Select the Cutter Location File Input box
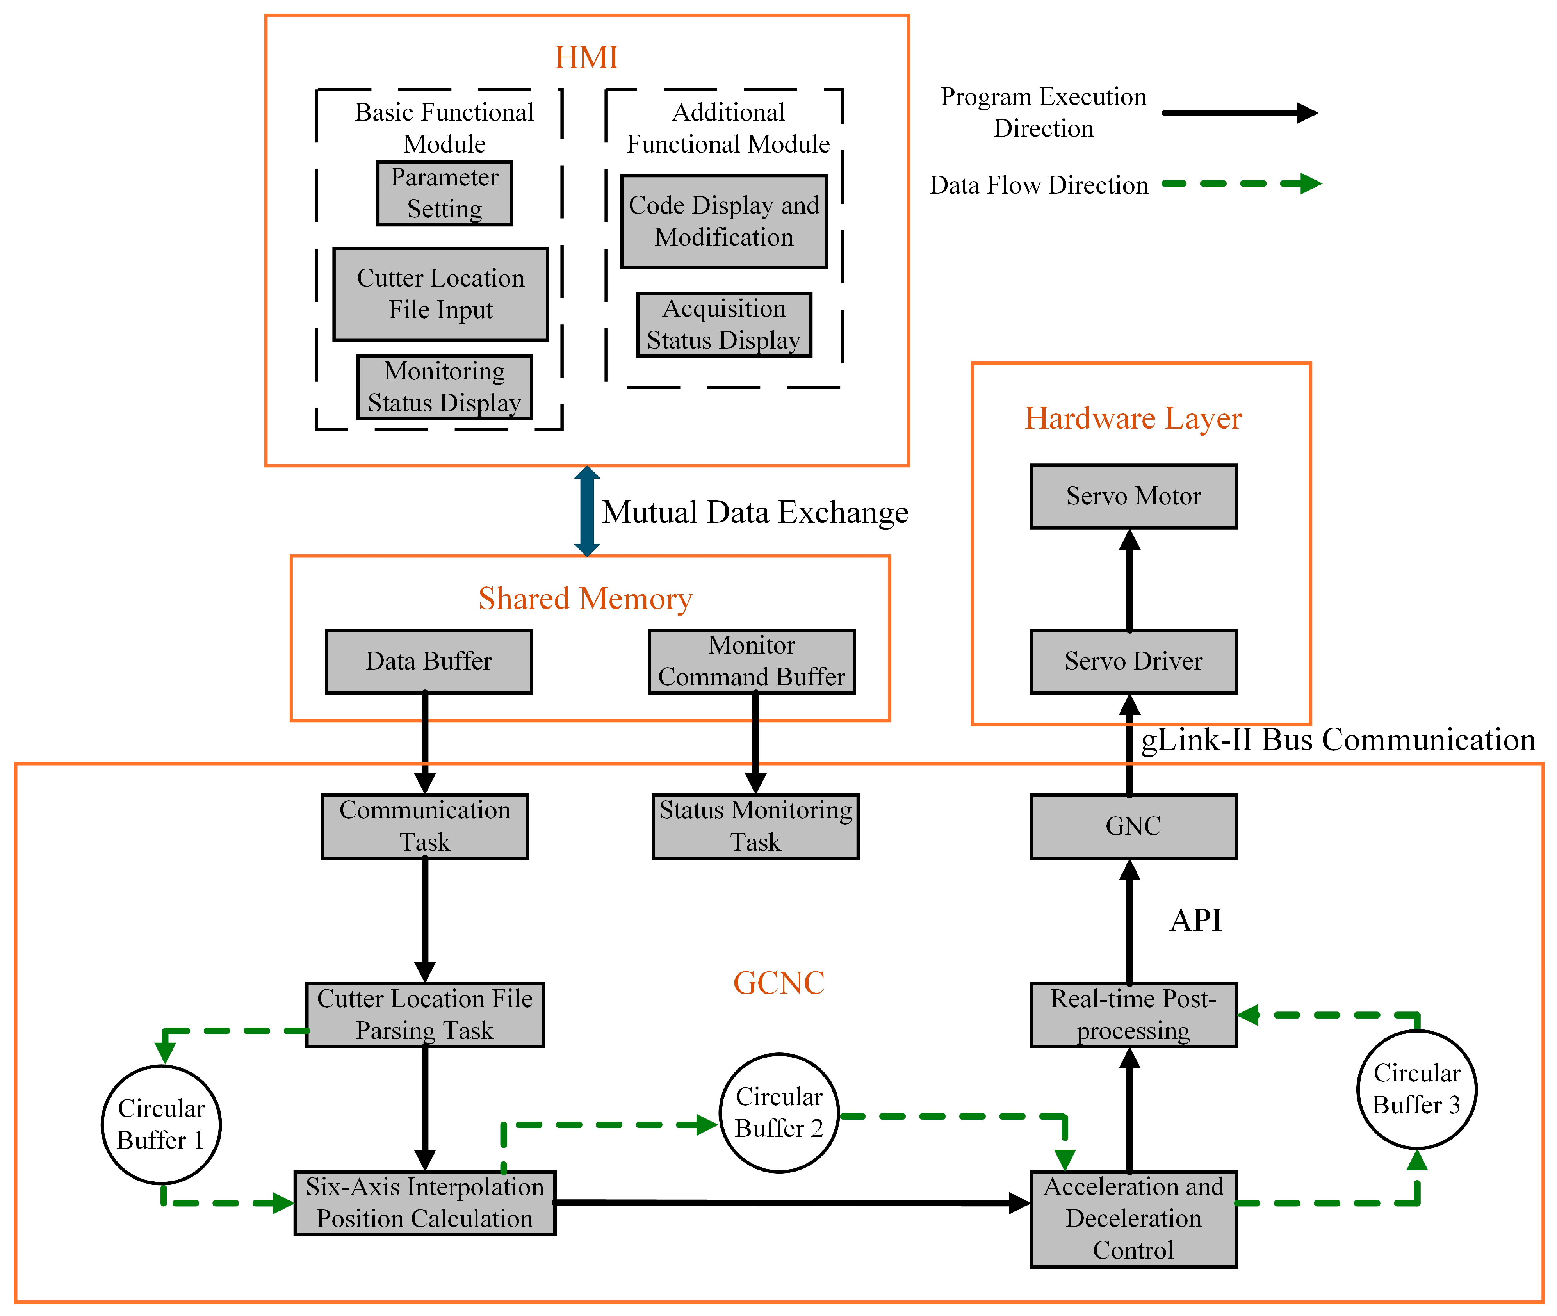pyautogui.click(x=440, y=294)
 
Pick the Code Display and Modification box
pyautogui.click(x=724, y=222)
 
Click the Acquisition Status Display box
pyautogui.click(x=724, y=324)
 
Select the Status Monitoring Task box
pyautogui.click(x=755, y=826)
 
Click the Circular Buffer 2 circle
pyautogui.click(x=779, y=1112)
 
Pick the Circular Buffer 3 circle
pyautogui.click(x=1416, y=1088)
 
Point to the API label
pyautogui.click(x=1195, y=921)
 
